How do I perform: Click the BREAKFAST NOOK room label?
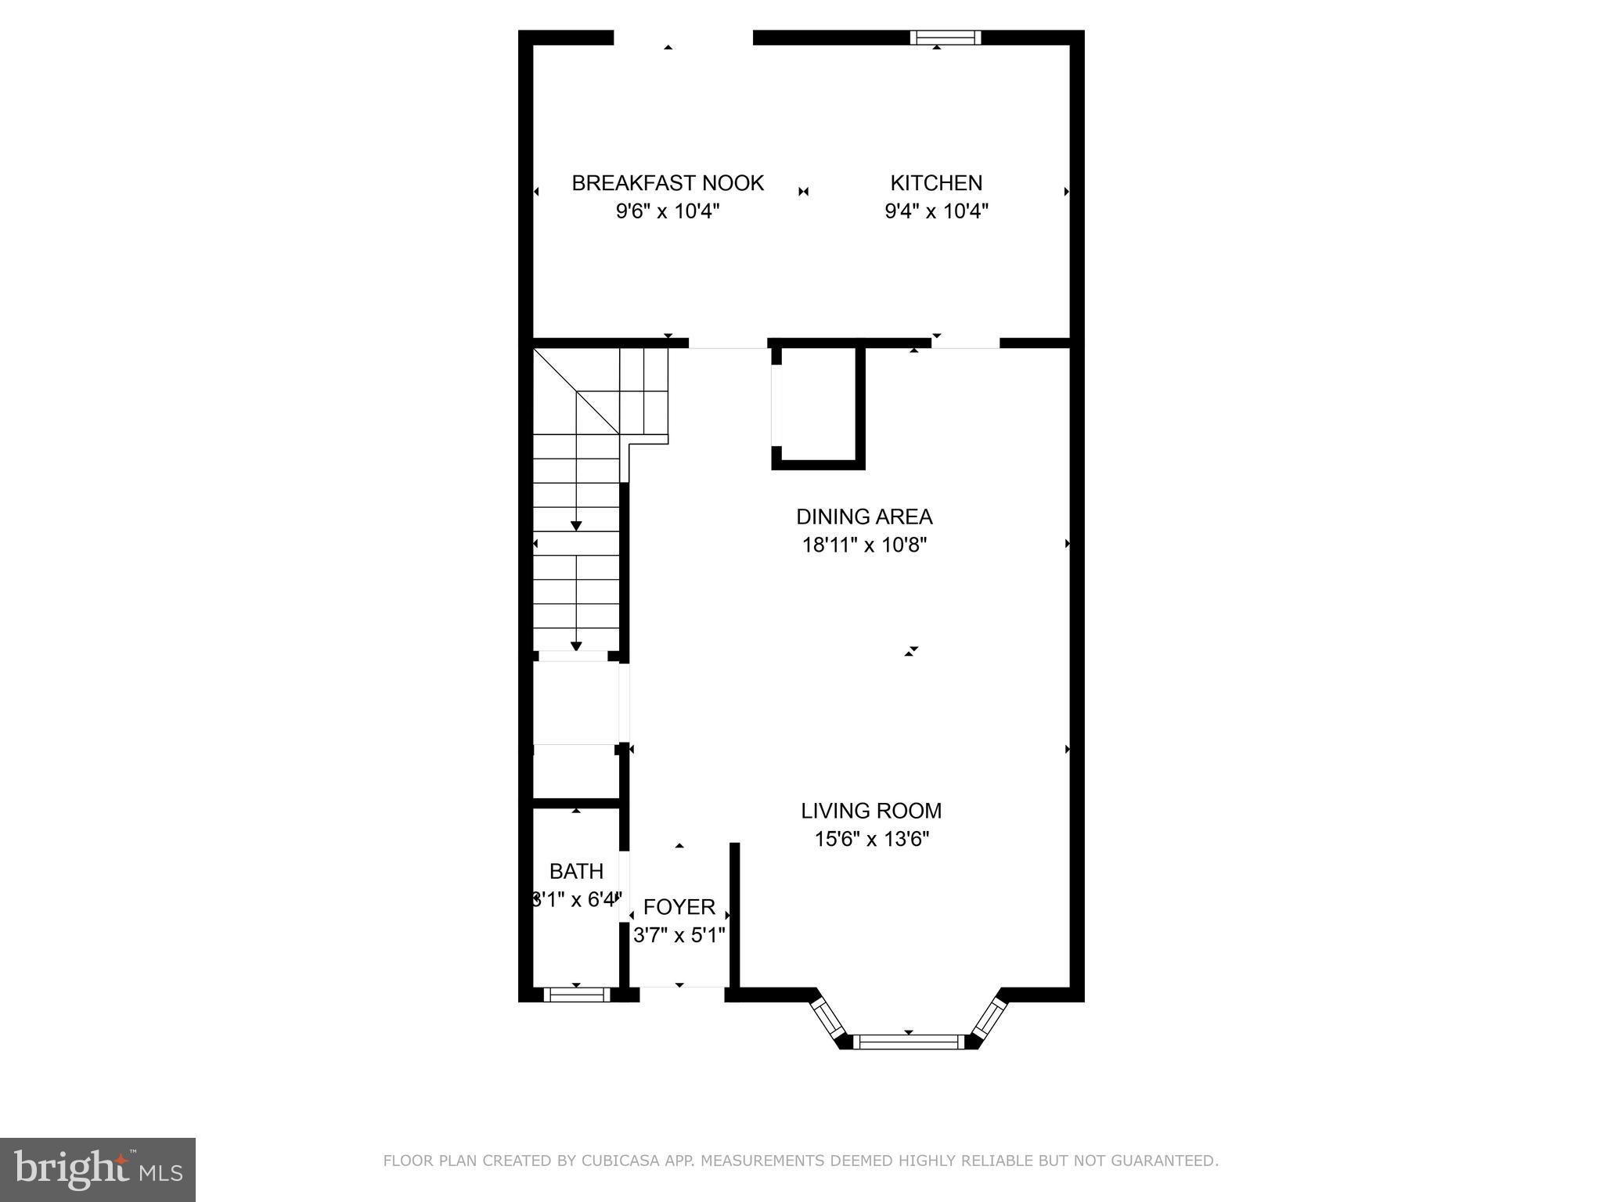point(667,183)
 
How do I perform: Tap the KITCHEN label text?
point(936,183)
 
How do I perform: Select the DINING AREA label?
point(864,516)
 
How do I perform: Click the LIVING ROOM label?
point(871,811)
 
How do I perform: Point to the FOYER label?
point(679,907)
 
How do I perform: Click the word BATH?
point(576,871)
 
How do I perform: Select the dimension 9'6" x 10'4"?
point(667,211)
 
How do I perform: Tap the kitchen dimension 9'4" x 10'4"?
point(936,211)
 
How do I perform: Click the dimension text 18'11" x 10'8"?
point(864,545)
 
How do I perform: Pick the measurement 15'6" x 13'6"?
point(871,839)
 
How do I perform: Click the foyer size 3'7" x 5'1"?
point(679,935)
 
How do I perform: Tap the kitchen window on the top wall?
point(945,37)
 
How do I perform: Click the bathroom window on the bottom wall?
point(576,995)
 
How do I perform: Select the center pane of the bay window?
point(908,1042)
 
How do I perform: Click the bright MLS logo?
point(98,1170)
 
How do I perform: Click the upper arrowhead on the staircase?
point(576,526)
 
